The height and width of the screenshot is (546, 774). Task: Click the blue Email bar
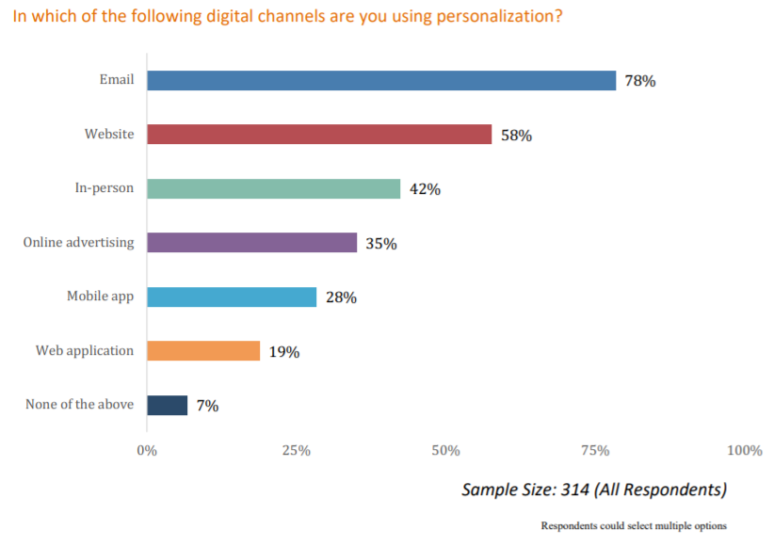(381, 81)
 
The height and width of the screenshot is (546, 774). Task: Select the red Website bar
(319, 135)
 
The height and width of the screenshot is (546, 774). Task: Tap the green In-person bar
(273, 188)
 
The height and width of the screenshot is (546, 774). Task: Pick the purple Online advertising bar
(251, 243)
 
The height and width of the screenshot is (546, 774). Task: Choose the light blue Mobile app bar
(232, 297)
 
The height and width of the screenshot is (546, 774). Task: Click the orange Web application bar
(203, 351)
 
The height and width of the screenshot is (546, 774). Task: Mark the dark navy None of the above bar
(168, 406)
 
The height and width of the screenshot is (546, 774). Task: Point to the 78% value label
(640, 81)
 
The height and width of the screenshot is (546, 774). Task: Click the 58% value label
(516, 136)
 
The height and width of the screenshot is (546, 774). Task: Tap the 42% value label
(425, 189)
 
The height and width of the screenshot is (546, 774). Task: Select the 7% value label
(207, 406)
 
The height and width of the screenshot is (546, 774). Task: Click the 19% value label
(283, 352)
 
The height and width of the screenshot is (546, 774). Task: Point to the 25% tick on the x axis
(296, 451)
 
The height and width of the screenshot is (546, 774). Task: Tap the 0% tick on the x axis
(147, 451)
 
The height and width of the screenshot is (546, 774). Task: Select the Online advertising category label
(79, 243)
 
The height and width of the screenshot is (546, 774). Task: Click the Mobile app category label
(100, 297)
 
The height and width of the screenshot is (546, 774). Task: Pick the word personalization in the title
(500, 18)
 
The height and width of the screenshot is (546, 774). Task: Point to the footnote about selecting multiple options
(634, 525)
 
